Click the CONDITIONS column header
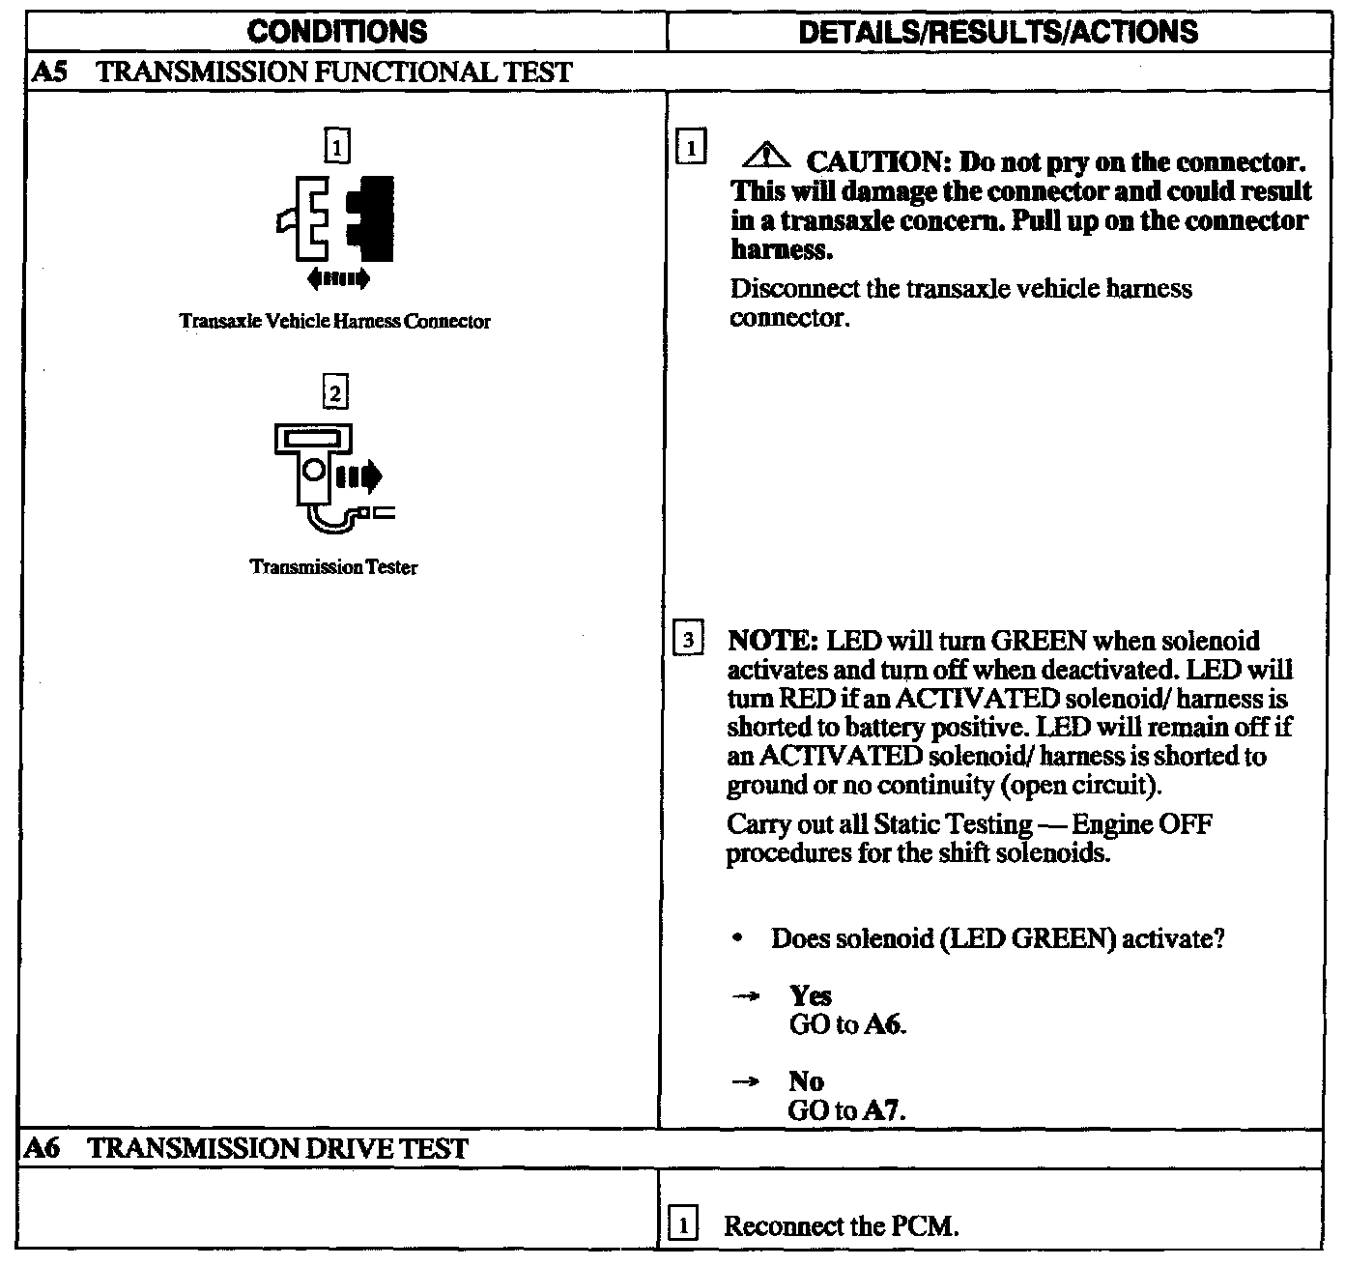point(337,31)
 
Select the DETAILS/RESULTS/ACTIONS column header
point(999,31)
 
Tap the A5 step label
point(47,72)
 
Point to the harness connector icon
point(338,220)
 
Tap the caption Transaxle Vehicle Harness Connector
point(335,322)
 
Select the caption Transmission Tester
point(334,567)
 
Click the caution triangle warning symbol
point(770,156)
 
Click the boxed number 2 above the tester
point(335,393)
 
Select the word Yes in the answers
point(810,995)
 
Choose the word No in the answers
point(806,1081)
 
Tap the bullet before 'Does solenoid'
point(739,939)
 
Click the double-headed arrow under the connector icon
point(337,279)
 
